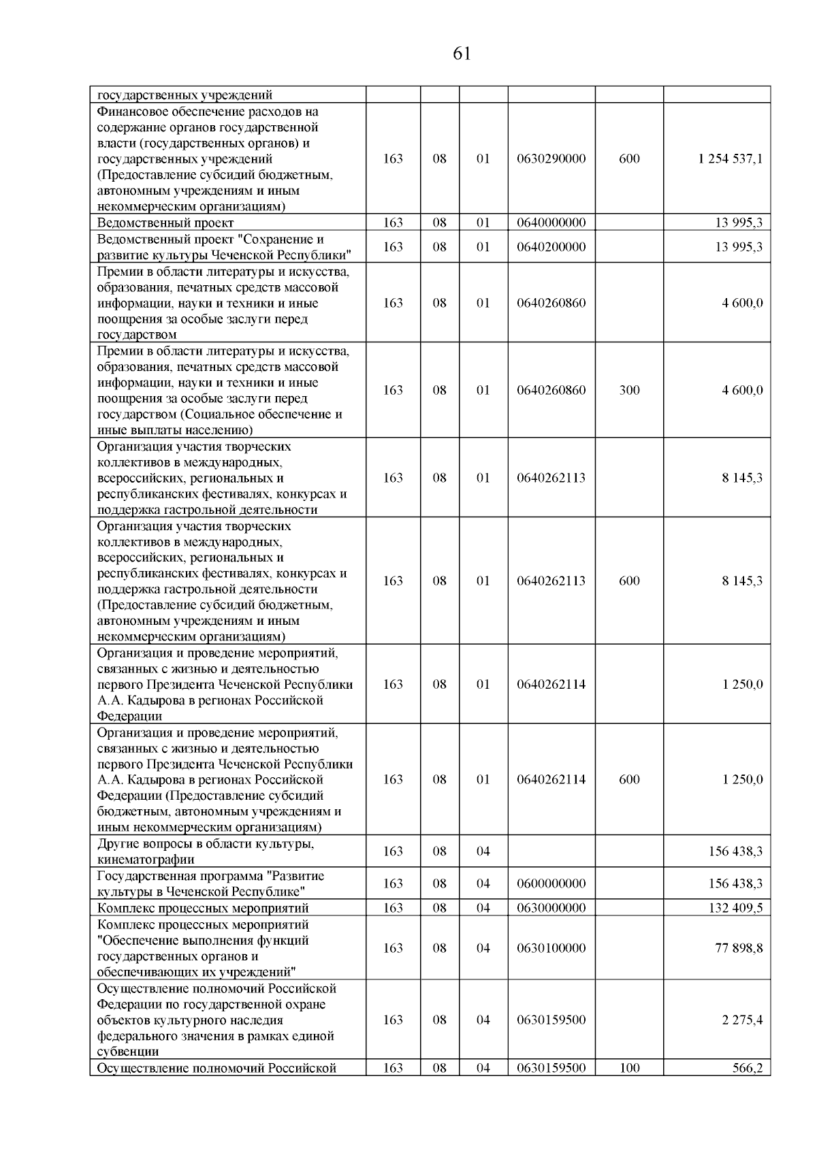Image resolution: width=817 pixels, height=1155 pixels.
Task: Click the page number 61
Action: (462, 54)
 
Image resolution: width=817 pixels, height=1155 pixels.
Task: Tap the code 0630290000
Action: (551, 159)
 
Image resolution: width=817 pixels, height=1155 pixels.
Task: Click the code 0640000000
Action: (551, 223)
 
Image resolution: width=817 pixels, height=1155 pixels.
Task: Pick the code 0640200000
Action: (551, 246)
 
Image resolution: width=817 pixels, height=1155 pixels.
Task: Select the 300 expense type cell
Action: (629, 390)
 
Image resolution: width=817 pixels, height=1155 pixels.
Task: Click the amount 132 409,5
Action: (735, 908)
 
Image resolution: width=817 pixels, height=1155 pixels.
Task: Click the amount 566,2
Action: (747, 1068)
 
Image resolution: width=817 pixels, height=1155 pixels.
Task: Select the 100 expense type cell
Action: (629, 1068)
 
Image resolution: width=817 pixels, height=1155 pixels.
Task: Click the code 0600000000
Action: (551, 883)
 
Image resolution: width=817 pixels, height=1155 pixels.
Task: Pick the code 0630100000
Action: (551, 947)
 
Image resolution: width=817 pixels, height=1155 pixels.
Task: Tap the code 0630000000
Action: (551, 908)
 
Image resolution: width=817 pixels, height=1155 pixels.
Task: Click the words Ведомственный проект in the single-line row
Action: (165, 223)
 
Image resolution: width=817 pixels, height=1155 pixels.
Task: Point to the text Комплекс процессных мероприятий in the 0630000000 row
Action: (203, 908)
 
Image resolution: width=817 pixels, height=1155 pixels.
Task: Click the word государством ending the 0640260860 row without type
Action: (137, 335)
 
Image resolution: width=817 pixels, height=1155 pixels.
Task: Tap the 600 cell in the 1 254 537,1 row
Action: (629, 159)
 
